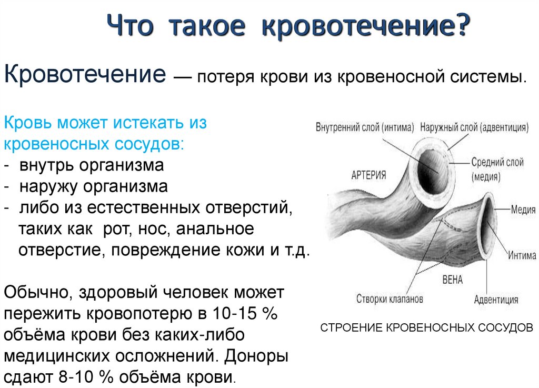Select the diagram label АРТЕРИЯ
(368, 175)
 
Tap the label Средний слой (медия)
(497, 170)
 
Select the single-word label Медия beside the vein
(522, 210)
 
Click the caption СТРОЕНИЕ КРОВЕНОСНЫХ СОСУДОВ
(427, 327)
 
